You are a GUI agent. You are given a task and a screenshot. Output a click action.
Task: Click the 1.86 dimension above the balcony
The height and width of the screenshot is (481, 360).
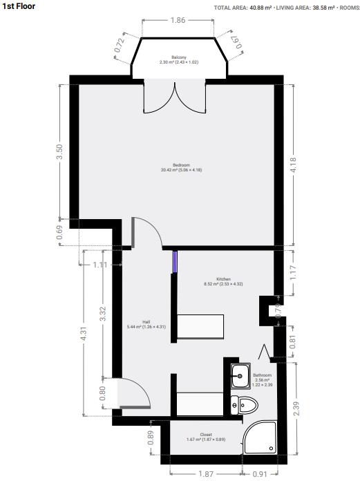pyautogui.click(x=177, y=21)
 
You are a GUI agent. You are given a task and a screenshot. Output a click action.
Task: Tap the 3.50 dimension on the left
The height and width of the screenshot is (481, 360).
pyautogui.click(x=59, y=151)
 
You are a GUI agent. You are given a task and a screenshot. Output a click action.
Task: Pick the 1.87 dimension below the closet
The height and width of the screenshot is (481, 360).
pyautogui.click(x=205, y=473)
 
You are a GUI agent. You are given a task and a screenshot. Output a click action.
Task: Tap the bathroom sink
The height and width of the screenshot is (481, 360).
pyautogui.click(x=239, y=376)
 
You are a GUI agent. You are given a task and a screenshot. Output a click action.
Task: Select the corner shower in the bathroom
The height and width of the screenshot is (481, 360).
pyautogui.click(x=262, y=438)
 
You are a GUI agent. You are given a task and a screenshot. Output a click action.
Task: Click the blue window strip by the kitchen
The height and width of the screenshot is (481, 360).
pyautogui.click(x=175, y=261)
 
